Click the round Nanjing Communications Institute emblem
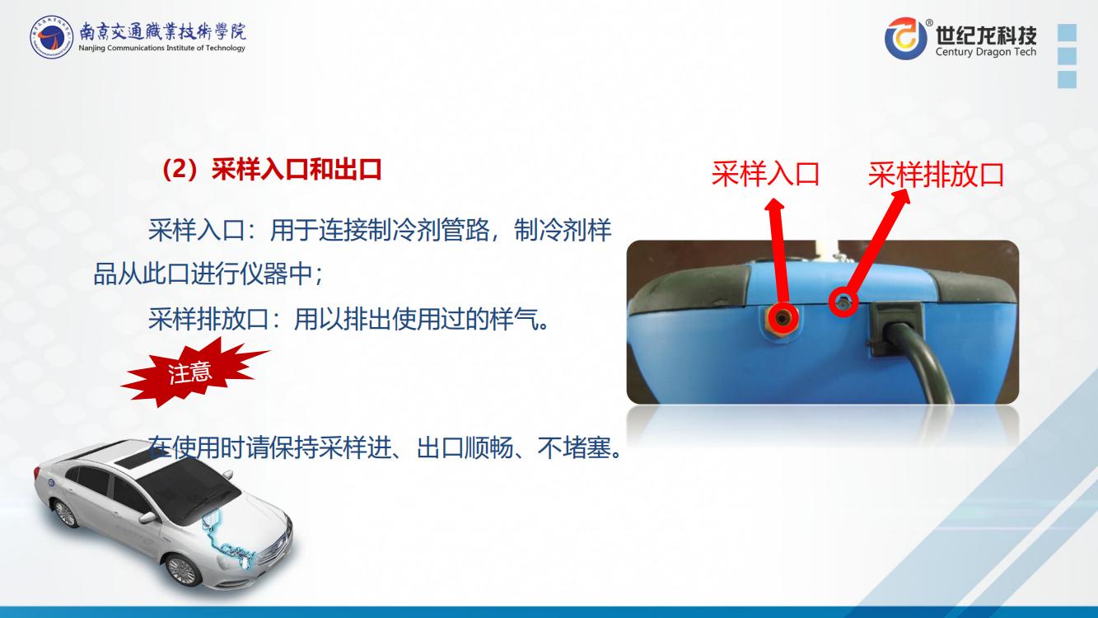pos(51,36)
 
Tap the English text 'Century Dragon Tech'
pos(986,52)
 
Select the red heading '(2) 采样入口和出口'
pos(272,170)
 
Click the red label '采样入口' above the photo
pos(765,174)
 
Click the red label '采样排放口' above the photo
pos(936,175)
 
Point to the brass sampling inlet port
pos(782,319)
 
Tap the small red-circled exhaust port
pos(843,302)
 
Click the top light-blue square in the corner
pos(1068,32)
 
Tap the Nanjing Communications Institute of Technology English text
pos(161,48)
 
